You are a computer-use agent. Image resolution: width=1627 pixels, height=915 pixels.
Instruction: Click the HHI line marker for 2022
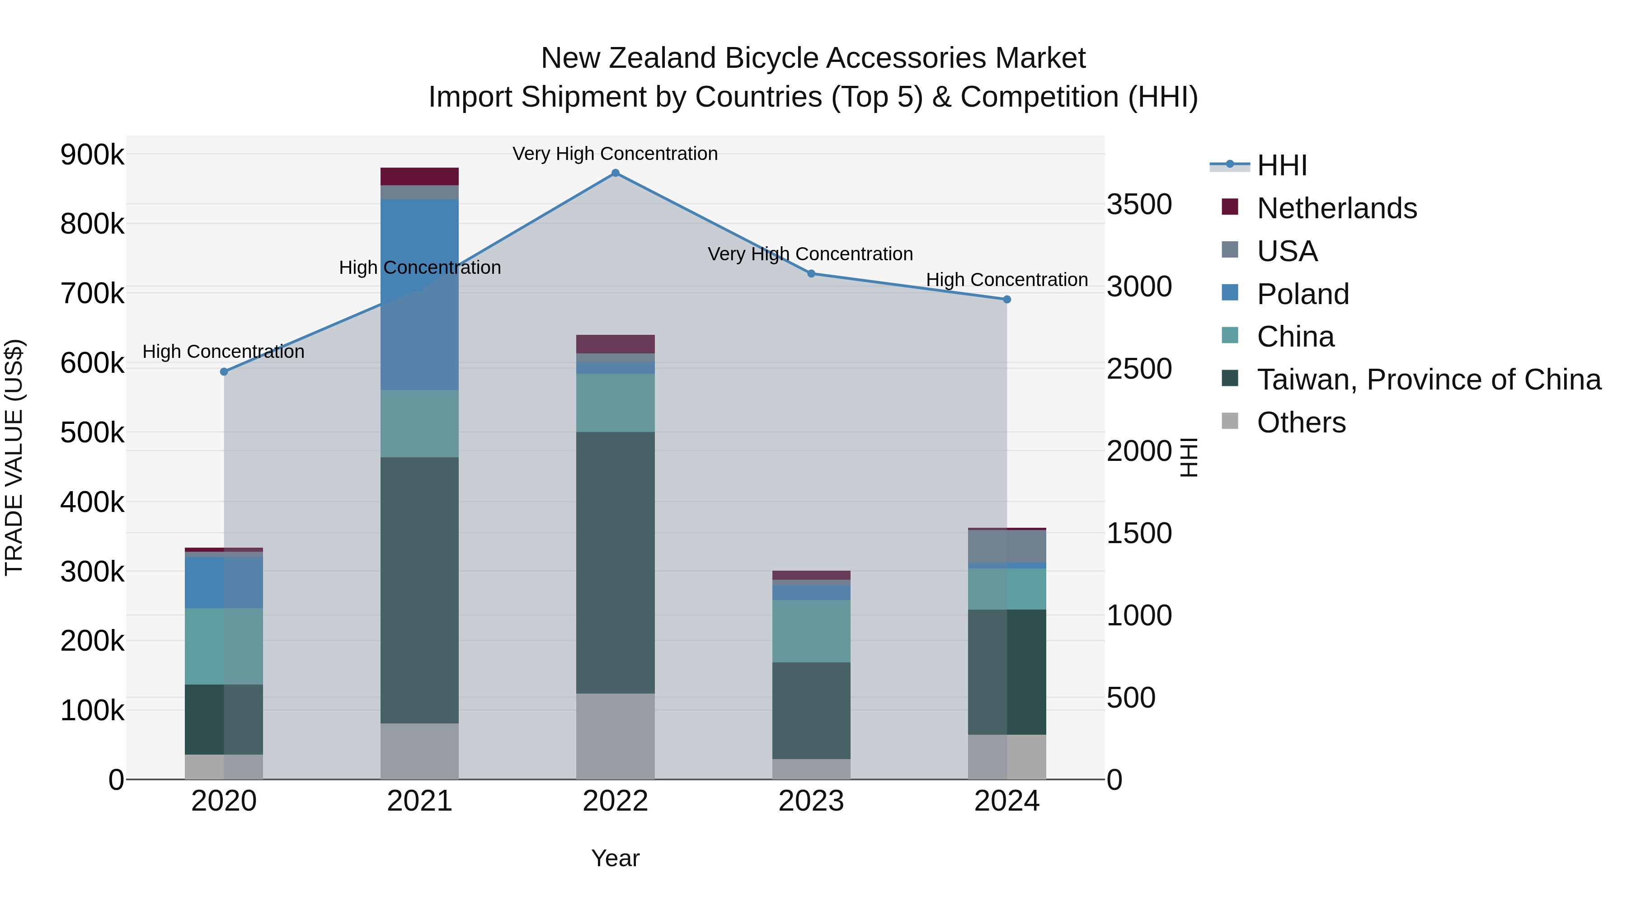tap(615, 173)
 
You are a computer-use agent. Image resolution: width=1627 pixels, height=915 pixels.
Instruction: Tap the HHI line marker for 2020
tap(224, 372)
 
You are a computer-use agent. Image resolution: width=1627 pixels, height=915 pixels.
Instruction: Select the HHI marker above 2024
tap(1007, 299)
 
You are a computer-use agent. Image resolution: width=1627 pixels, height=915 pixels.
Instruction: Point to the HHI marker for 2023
tap(811, 273)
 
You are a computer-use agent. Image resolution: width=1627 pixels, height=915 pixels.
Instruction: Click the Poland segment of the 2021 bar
tap(419, 294)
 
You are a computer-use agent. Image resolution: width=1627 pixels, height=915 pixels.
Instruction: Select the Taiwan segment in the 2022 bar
tap(615, 562)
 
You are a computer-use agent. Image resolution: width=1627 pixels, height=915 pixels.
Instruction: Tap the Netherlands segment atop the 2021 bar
tap(419, 176)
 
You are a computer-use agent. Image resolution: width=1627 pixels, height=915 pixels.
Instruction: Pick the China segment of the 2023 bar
tap(811, 631)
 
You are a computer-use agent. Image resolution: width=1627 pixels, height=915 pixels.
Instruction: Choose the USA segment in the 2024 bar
tap(1007, 546)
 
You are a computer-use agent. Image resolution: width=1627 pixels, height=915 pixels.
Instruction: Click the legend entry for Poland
tap(1303, 294)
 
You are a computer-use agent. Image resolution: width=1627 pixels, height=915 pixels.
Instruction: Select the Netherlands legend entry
tap(1336, 208)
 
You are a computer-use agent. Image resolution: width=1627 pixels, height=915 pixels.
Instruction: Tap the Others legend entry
tap(1301, 422)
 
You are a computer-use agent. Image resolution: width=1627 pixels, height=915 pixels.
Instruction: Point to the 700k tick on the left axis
tap(92, 294)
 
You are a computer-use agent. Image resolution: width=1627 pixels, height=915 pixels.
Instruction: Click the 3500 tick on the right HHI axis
tap(1139, 205)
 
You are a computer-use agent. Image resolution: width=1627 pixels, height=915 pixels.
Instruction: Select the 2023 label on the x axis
tap(811, 801)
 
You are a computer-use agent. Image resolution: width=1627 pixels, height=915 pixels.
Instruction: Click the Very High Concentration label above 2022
tap(615, 154)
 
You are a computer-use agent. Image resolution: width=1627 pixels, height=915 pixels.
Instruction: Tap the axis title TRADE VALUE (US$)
tap(14, 457)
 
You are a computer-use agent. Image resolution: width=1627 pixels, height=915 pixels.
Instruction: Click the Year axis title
tap(615, 858)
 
